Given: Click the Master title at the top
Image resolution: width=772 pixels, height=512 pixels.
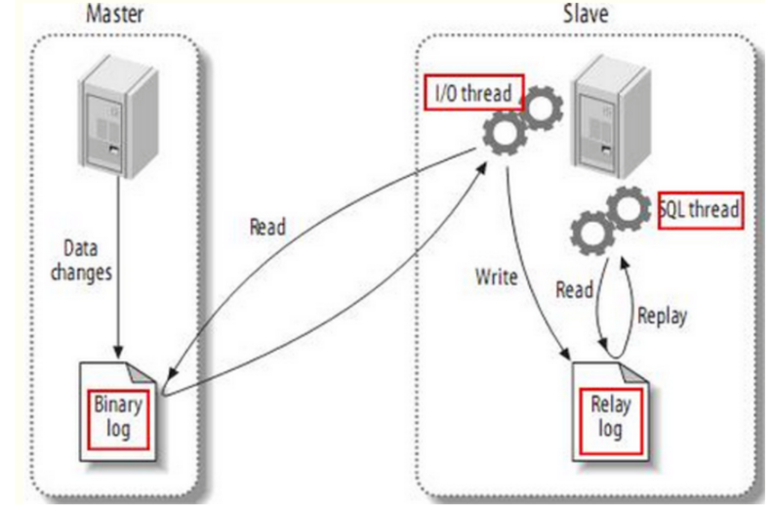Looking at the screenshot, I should point(114,16).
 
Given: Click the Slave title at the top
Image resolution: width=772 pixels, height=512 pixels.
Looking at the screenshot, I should point(587,16).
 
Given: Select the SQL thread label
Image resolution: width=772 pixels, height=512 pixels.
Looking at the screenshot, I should point(699,208).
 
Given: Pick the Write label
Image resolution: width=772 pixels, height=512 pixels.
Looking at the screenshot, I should point(496,277).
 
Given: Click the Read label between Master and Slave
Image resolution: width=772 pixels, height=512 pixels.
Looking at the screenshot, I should point(266,229).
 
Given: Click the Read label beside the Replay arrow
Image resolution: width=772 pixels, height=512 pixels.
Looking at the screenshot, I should point(575,289).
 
